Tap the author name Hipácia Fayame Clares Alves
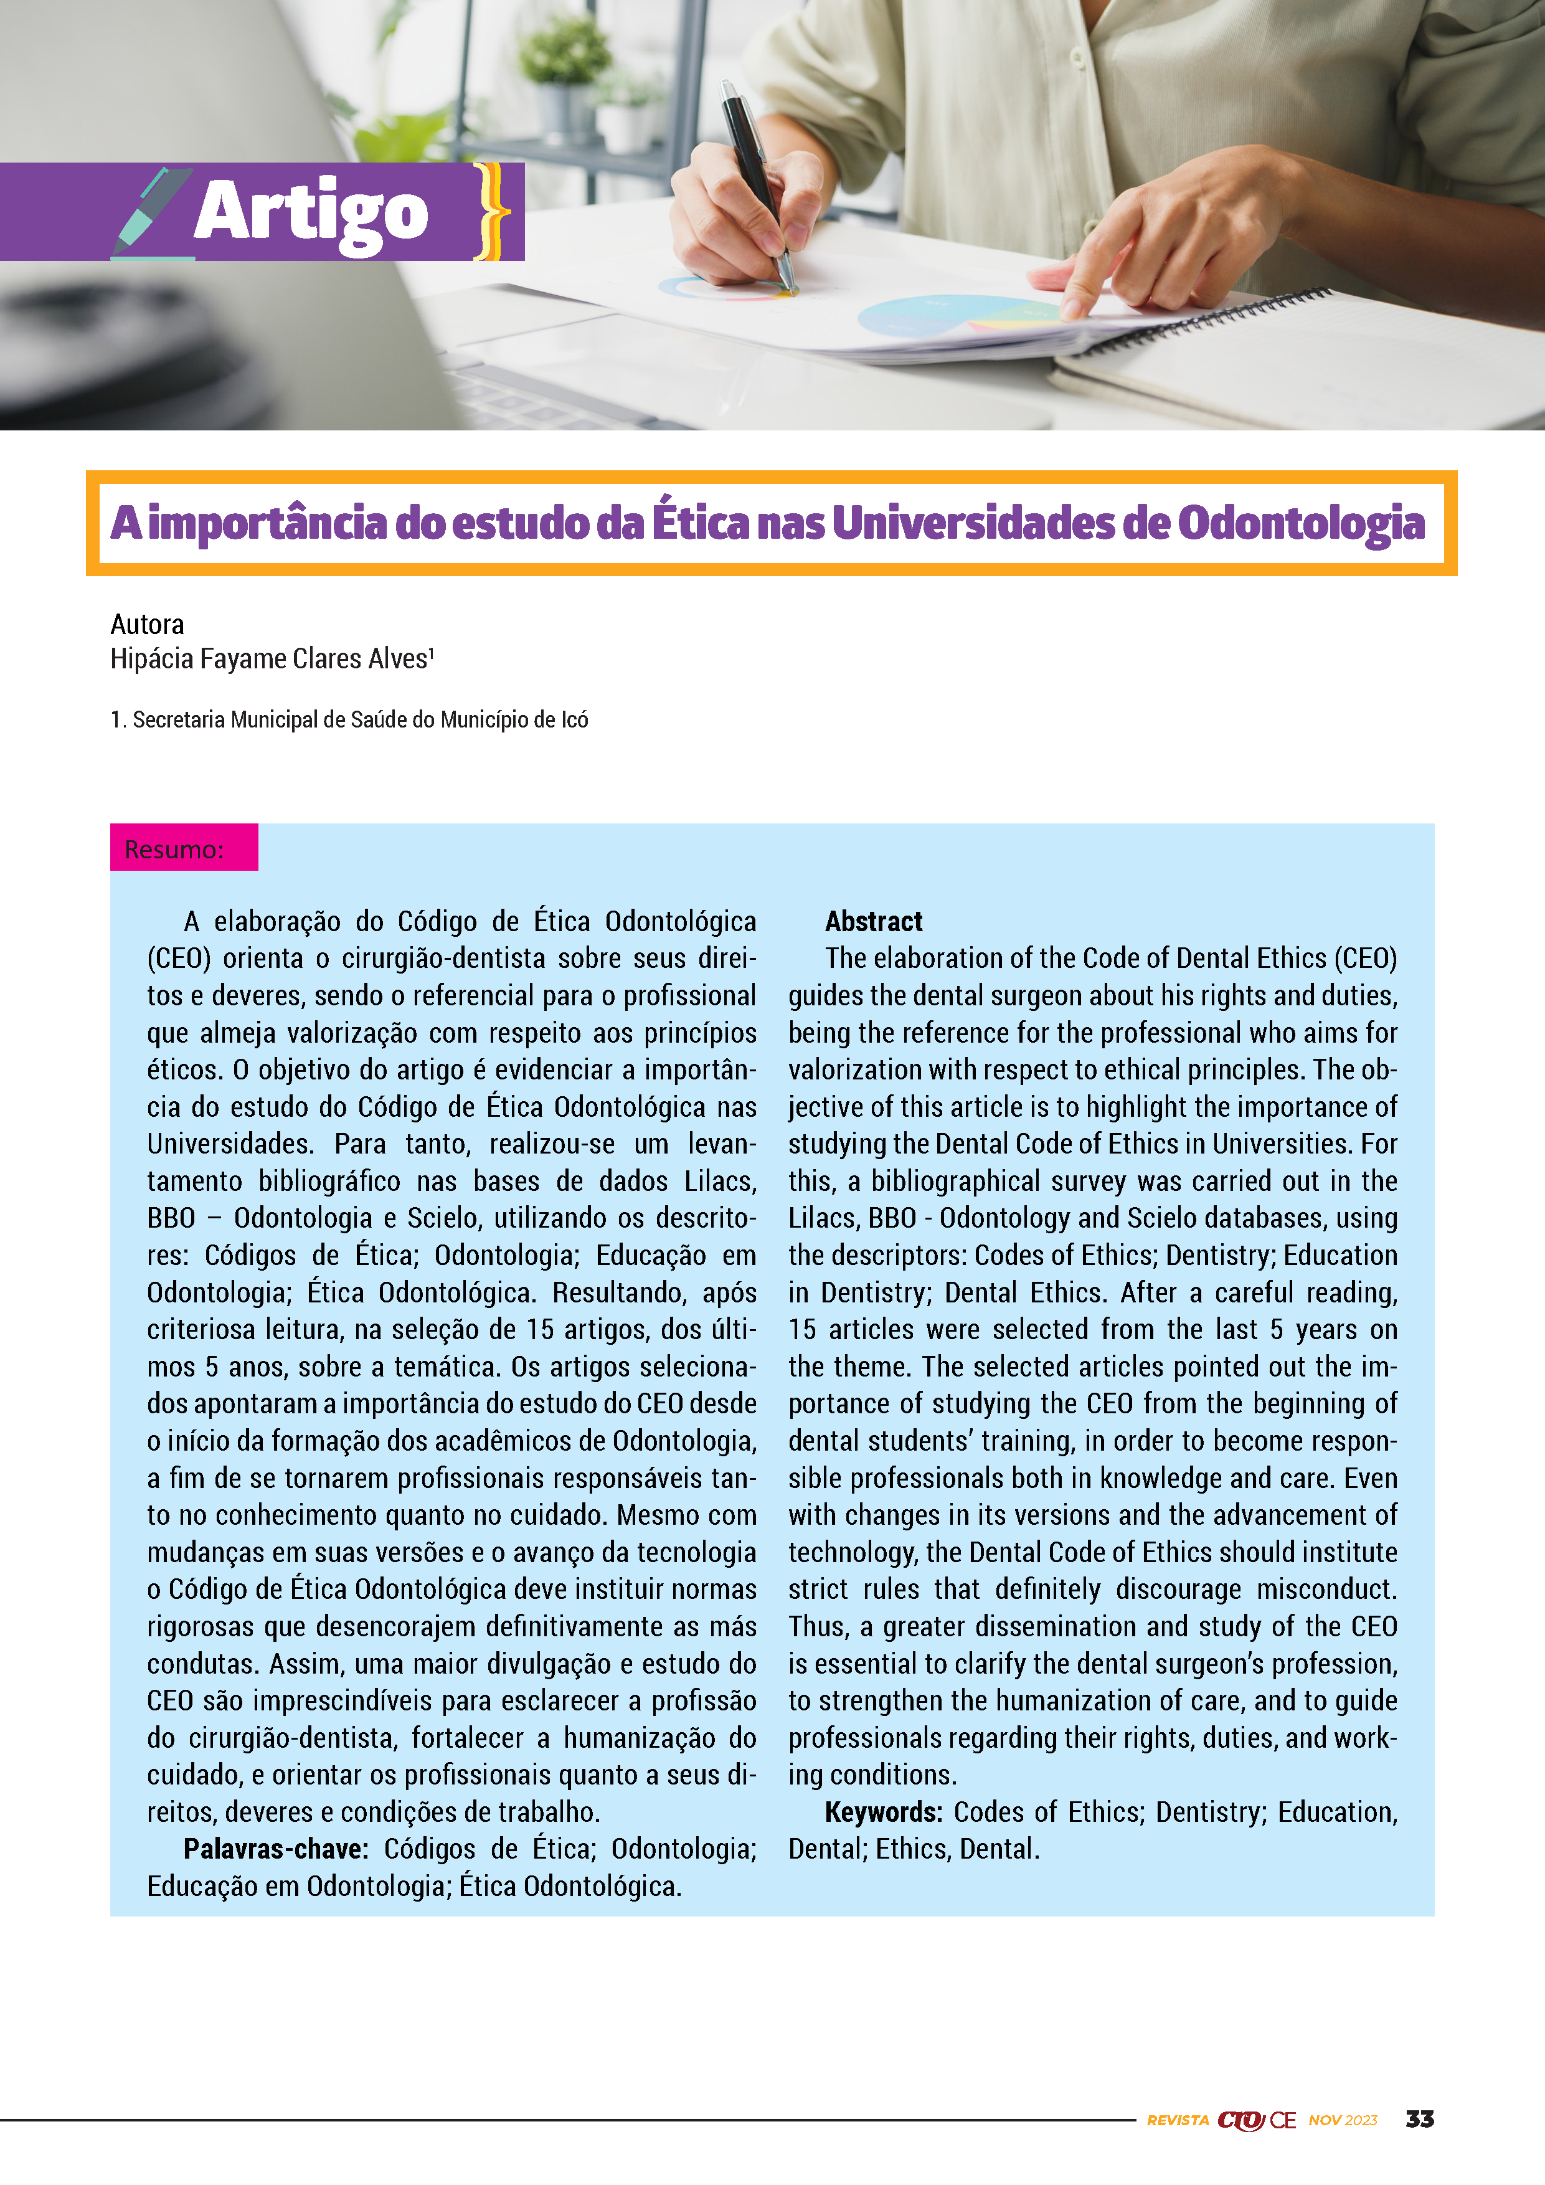[x=271, y=658]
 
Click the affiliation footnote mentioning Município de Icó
[x=349, y=719]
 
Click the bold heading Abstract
[x=873, y=921]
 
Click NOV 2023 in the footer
[x=1343, y=2120]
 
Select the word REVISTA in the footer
[x=1177, y=2120]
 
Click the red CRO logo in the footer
[x=1240, y=2120]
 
